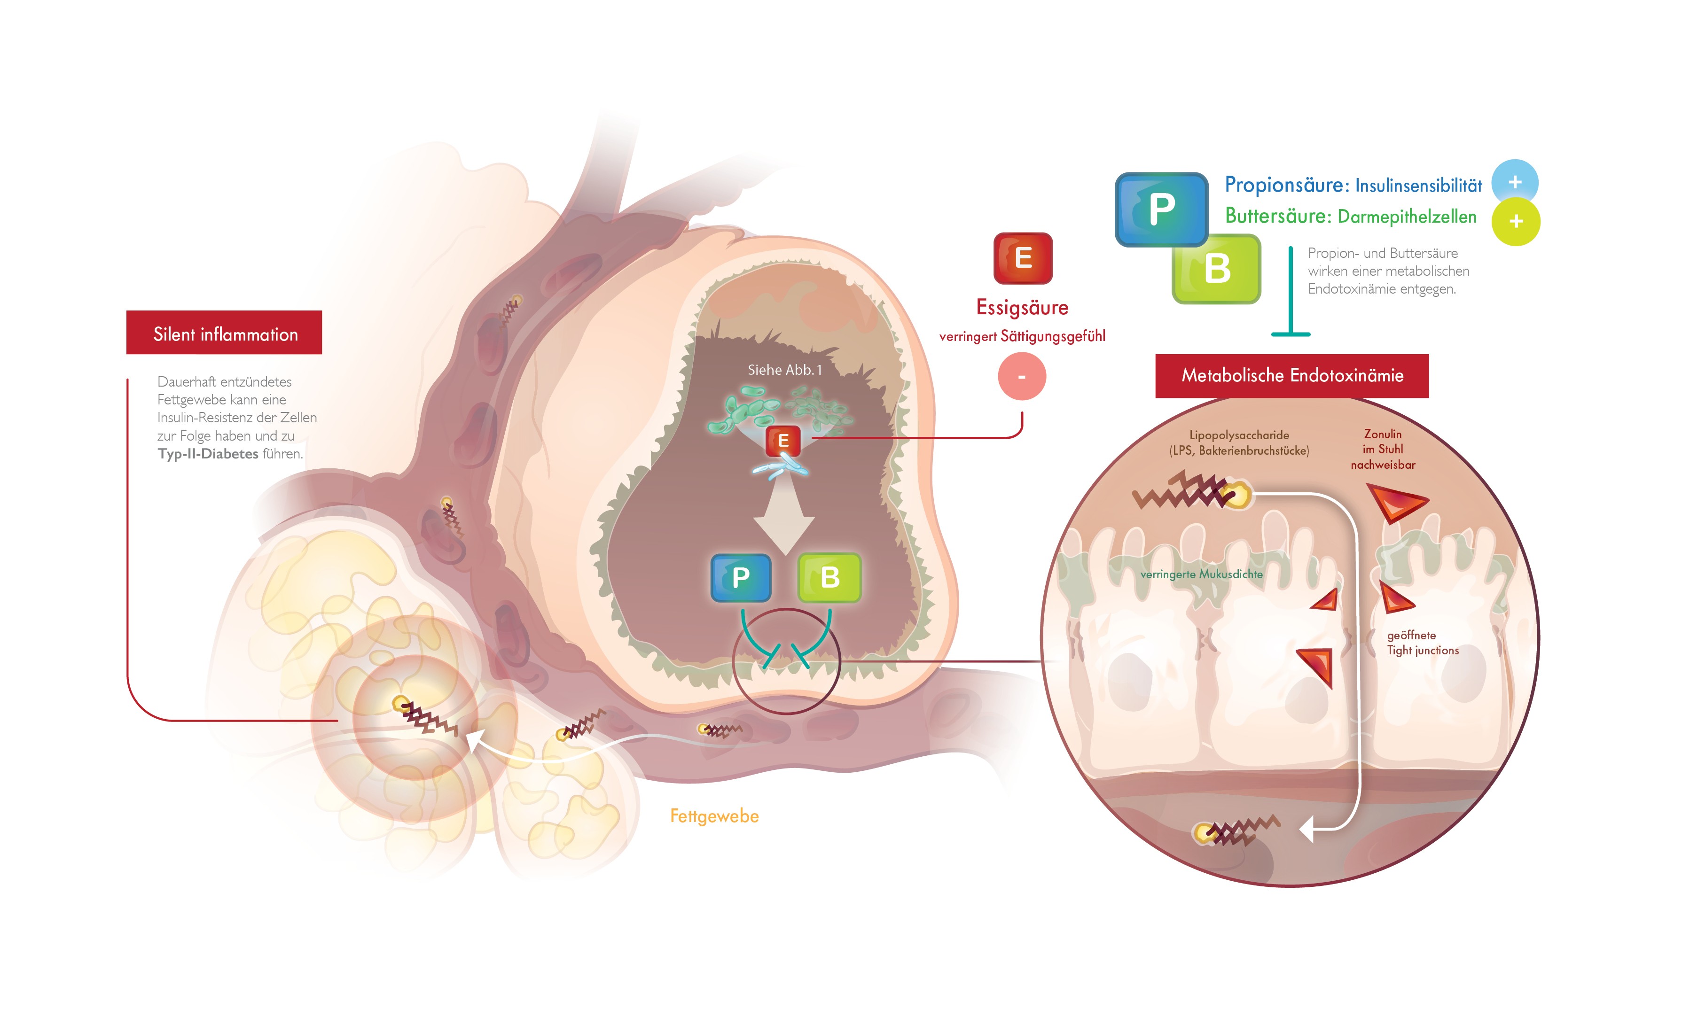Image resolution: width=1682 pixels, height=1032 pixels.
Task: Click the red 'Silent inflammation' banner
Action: click(x=224, y=333)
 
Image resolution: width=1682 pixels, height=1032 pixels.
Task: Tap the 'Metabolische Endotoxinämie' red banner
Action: click(x=1291, y=375)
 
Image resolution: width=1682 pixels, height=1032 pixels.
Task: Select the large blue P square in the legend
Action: click(x=1161, y=209)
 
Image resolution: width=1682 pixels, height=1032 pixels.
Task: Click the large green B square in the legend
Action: click(x=1217, y=269)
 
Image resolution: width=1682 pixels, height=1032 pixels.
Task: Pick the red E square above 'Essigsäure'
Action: click(x=1022, y=258)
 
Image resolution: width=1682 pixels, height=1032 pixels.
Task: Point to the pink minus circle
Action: click(x=1022, y=377)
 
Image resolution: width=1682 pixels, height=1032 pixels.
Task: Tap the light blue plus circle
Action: click(x=1514, y=183)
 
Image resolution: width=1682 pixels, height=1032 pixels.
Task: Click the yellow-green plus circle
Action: click(x=1515, y=222)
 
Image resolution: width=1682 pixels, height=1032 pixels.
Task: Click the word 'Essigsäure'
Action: click(x=1022, y=308)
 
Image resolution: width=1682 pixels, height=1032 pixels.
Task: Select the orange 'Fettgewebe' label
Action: click(x=713, y=816)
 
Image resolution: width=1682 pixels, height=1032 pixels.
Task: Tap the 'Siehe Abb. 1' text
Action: click(x=784, y=370)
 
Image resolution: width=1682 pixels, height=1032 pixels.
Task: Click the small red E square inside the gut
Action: click(x=782, y=441)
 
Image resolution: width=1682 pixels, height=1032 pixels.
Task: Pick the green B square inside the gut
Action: click(x=829, y=577)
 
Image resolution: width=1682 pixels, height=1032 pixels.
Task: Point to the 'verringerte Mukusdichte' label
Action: click(x=1201, y=574)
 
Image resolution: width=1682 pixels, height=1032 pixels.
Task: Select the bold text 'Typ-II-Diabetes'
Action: click(x=208, y=454)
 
